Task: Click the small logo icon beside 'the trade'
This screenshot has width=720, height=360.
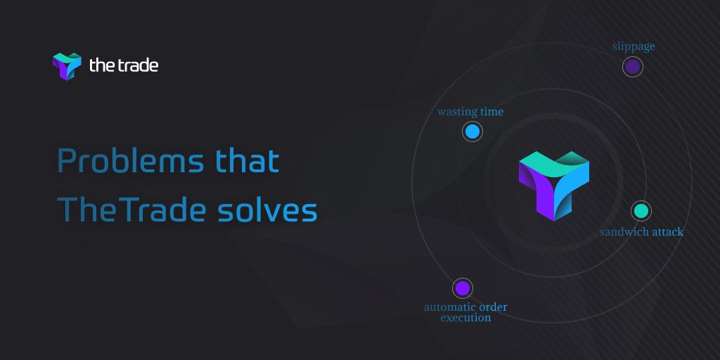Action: point(67,66)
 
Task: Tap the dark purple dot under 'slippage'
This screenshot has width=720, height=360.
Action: point(633,67)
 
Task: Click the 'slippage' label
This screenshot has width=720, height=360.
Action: point(634,46)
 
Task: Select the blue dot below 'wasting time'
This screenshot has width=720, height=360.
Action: point(472,131)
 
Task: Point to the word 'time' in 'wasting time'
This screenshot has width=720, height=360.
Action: point(491,112)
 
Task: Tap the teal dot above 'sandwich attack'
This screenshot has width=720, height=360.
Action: point(641,211)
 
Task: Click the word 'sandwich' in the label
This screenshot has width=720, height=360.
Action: point(625,231)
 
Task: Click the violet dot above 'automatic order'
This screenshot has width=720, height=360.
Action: point(462,288)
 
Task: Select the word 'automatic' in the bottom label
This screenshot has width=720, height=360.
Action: point(449,307)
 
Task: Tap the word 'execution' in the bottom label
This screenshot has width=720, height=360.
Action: point(465,318)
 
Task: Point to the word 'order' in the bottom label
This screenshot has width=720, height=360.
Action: point(493,307)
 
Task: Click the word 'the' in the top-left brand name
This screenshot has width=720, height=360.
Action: point(99,65)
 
